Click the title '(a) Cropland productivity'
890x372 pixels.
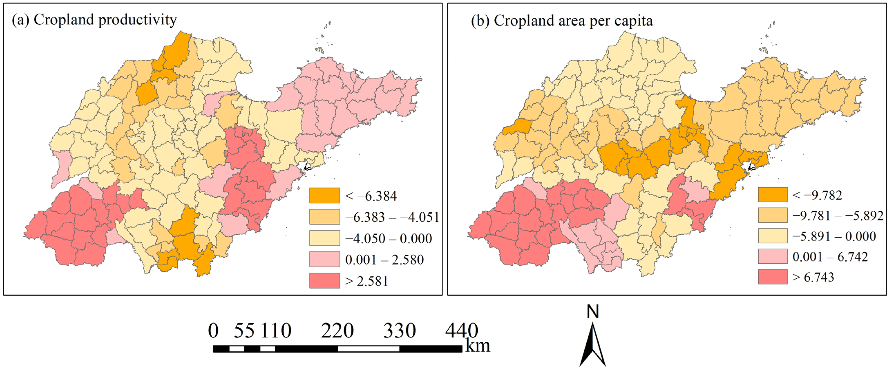[94, 20]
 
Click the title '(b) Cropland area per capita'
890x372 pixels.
[562, 21]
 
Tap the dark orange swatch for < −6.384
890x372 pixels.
[324, 195]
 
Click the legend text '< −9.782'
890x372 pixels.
[817, 195]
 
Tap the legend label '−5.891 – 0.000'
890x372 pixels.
[834, 236]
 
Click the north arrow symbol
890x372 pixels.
[593, 345]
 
